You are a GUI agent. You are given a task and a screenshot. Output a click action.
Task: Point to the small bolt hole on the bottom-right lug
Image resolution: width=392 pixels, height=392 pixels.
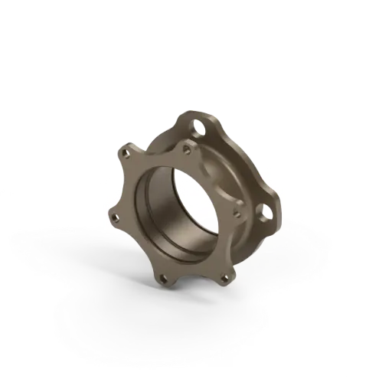click(224, 277)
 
